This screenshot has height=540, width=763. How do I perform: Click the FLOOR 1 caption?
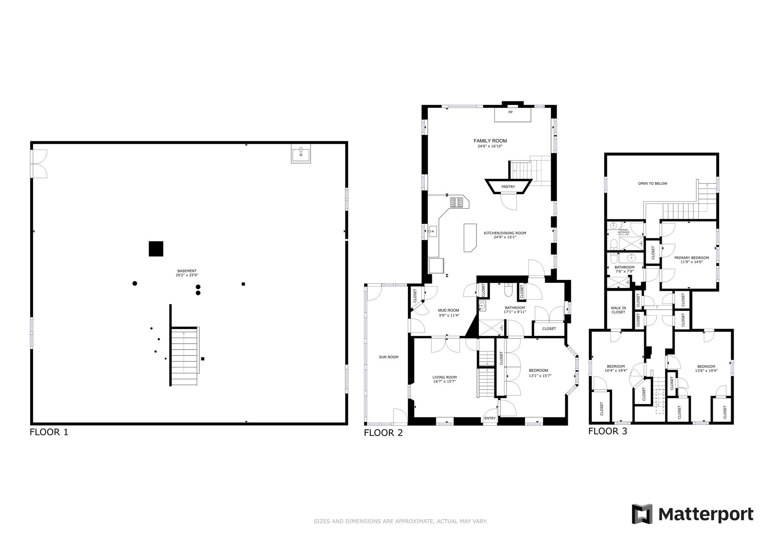(x=49, y=432)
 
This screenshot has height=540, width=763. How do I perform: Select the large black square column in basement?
(x=156, y=249)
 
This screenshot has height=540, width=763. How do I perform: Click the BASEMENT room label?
(x=187, y=271)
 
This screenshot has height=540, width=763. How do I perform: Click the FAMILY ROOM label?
(x=490, y=141)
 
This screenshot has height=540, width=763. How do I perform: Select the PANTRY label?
(x=508, y=187)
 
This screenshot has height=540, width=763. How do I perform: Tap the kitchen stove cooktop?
(x=456, y=202)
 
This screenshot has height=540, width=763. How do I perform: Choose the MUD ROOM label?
(x=449, y=310)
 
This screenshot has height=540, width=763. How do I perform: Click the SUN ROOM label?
(x=389, y=357)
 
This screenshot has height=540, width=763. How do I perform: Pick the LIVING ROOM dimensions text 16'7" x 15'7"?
(x=444, y=381)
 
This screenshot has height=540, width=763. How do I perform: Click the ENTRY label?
(x=490, y=418)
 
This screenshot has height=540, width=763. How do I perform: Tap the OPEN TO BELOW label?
(x=652, y=183)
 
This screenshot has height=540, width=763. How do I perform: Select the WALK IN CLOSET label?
(x=618, y=310)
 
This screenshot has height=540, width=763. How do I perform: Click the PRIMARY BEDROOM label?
(x=691, y=258)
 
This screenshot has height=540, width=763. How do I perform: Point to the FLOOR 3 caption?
(x=608, y=431)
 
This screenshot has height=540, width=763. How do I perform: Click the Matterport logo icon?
(x=642, y=514)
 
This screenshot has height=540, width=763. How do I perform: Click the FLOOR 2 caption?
(x=383, y=433)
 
